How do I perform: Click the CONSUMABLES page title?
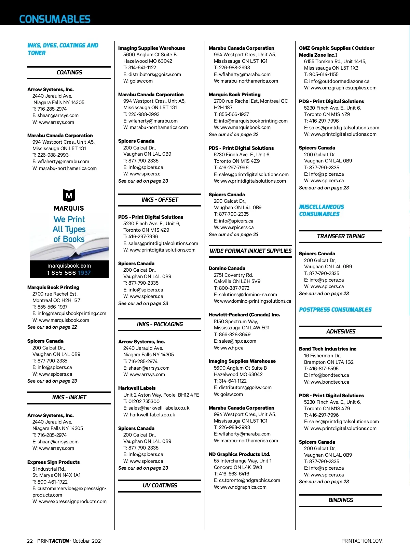pyautogui.click(x=55, y=19)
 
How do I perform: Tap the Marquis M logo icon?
pyautogui.click(x=69, y=196)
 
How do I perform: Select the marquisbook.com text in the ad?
pyautogui.click(x=69, y=266)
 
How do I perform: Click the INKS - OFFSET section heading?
pyautogui.click(x=160, y=200)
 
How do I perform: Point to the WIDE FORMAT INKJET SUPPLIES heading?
pyautogui.click(x=250, y=251)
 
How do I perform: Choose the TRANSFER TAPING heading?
pyautogui.click(x=340, y=236)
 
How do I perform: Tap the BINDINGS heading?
pyautogui.click(x=340, y=500)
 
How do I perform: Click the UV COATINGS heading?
pyautogui.click(x=160, y=485)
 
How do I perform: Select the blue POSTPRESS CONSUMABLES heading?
pyautogui.click(x=335, y=310)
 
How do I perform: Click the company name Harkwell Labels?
pyautogui.click(x=137, y=388)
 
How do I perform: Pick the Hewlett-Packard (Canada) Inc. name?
pyautogui.click(x=244, y=315)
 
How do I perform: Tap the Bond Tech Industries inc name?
pyautogui.click(x=327, y=349)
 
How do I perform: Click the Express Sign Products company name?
pyautogui.click(x=53, y=462)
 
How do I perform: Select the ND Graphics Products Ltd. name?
pyautogui.click(x=239, y=454)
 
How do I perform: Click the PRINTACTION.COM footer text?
pyautogui.click(x=361, y=541)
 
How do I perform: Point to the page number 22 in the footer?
pyautogui.click(x=30, y=541)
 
